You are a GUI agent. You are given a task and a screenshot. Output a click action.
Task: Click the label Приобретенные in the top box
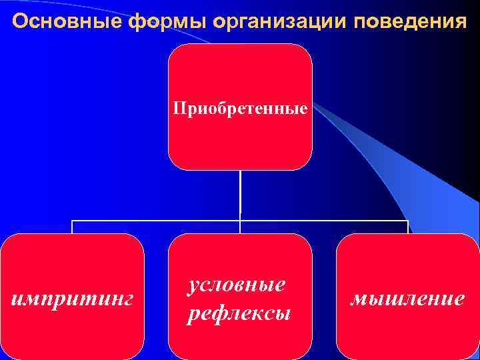click(240, 107)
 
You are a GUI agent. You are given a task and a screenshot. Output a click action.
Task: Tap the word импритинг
click(73, 298)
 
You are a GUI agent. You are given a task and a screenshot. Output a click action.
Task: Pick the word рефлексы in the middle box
click(239, 313)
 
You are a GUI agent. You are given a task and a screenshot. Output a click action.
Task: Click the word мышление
click(407, 298)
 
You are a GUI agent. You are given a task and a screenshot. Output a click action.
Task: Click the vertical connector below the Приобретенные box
click(240, 193)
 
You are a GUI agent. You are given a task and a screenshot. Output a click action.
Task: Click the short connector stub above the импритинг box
click(72, 227)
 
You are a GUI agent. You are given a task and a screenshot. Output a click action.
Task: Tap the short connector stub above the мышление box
click(407, 227)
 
